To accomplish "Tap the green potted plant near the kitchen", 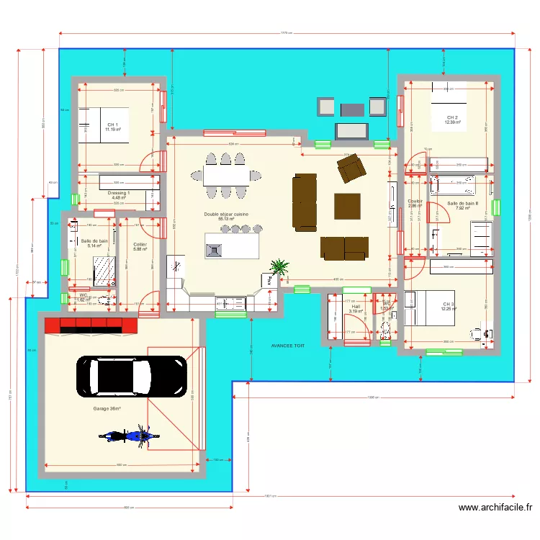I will [277, 268].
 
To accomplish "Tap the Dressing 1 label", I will [119, 195].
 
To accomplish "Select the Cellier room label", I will [140, 246].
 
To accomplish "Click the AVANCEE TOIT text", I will [288, 346].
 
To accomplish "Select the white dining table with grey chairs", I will [225, 175].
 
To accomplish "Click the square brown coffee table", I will [347, 206].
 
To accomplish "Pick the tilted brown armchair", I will [351, 168].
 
